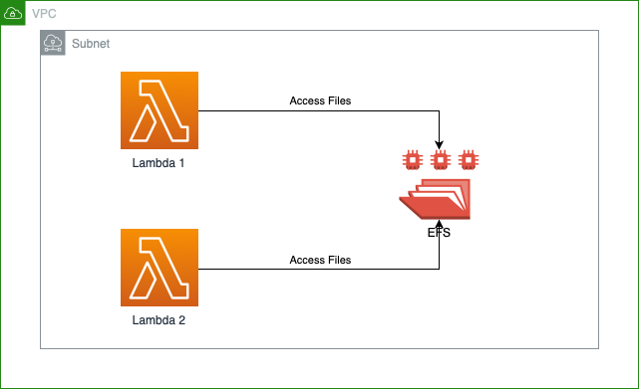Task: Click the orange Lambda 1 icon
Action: pyautogui.click(x=159, y=110)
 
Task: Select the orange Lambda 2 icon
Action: pyautogui.click(x=159, y=268)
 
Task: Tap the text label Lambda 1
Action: pyautogui.click(x=159, y=163)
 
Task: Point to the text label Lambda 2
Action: pyautogui.click(x=159, y=320)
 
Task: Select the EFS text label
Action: pyautogui.click(x=439, y=232)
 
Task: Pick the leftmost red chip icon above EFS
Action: pyautogui.click(x=410, y=158)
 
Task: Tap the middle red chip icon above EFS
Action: pyautogui.click(x=439, y=158)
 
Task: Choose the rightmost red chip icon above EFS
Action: pyautogui.click(x=468, y=158)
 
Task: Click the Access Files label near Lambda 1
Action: pyautogui.click(x=320, y=101)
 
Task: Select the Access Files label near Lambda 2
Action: pyautogui.click(x=320, y=260)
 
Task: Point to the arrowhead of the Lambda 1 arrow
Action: pyautogui.click(x=439, y=145)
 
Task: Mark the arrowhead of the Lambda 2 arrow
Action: pyautogui.click(x=439, y=225)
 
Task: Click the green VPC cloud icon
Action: pyautogui.click(x=13, y=13)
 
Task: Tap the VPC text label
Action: pyautogui.click(x=43, y=13)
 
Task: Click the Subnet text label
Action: pyautogui.click(x=90, y=44)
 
